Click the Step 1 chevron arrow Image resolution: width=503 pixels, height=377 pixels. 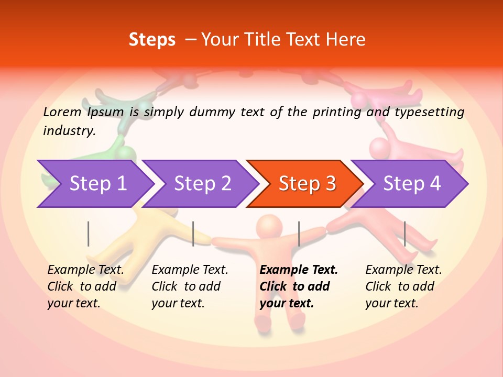[97, 184]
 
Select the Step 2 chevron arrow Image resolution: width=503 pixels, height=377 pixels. [202, 184]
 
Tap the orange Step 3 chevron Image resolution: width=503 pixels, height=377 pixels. [307, 184]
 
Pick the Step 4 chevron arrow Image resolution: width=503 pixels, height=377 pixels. [411, 184]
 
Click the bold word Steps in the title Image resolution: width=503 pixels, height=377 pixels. [152, 40]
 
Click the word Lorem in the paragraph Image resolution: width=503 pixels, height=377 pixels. [62, 112]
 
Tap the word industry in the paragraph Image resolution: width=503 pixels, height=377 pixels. [69, 131]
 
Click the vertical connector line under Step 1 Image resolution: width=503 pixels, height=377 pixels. [89, 234]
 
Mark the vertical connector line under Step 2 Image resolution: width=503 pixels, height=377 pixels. [193, 234]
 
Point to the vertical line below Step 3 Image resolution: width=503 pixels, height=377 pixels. [299, 234]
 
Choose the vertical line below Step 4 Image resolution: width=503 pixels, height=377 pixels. [404, 234]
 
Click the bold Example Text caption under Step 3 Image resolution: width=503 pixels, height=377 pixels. [299, 286]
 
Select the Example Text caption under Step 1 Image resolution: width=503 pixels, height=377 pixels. [85, 286]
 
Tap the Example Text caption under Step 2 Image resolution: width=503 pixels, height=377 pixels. [190, 286]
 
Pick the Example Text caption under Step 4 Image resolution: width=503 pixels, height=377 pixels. [403, 286]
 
